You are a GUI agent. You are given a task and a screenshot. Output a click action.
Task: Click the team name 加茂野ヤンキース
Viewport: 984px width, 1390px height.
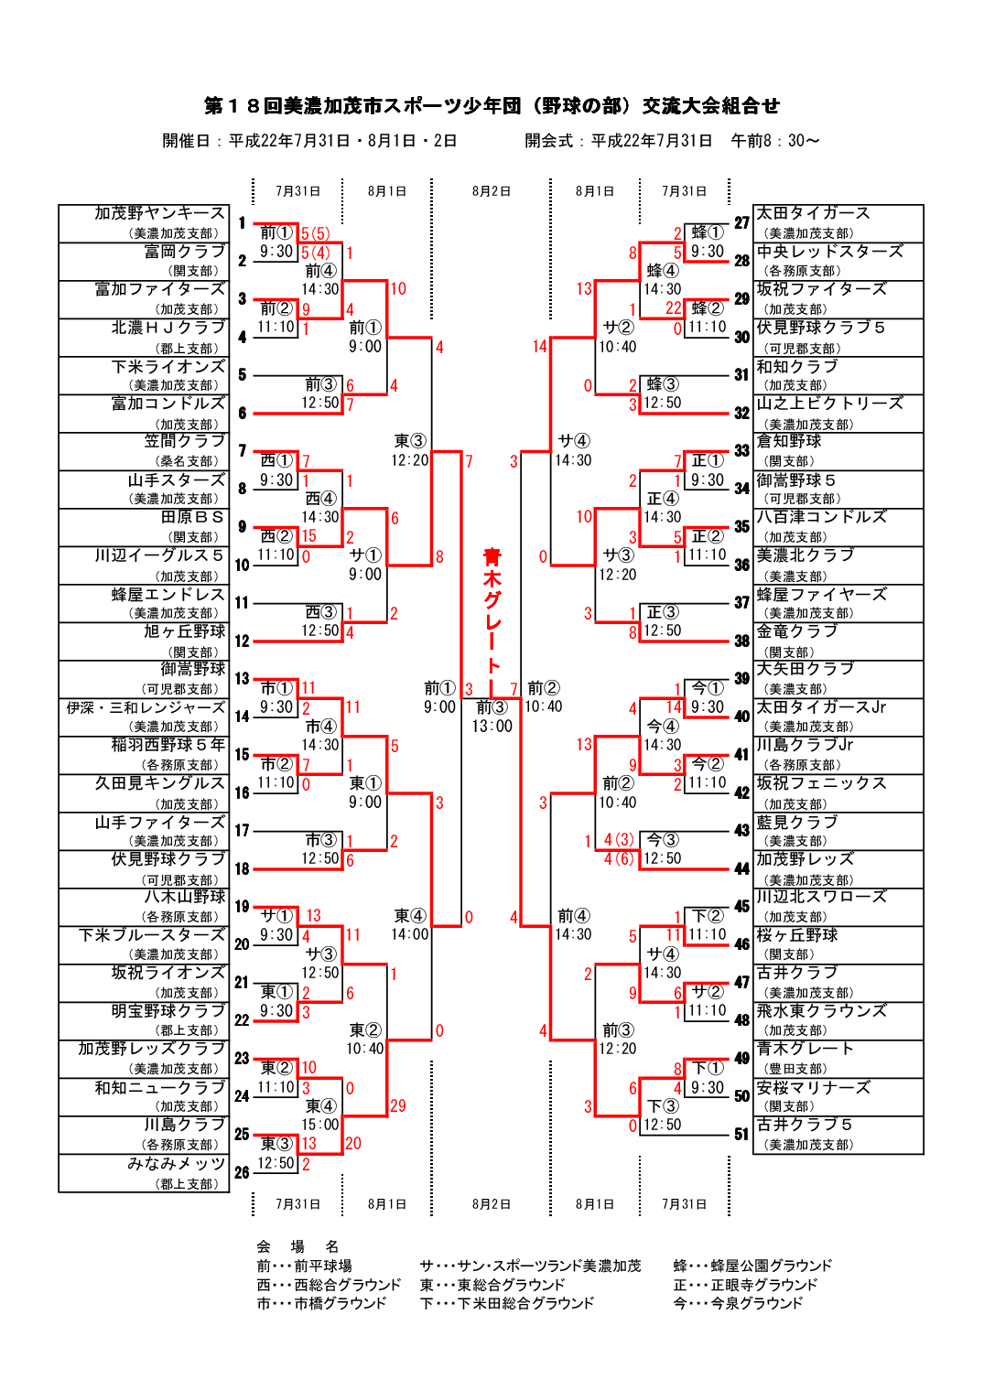pos(159,213)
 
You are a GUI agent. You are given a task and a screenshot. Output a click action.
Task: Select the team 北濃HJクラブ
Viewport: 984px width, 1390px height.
pos(168,328)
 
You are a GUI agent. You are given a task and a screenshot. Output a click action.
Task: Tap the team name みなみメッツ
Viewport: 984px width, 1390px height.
pos(177,1164)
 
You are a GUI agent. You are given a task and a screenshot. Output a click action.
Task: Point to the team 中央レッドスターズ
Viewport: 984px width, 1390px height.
pos(829,252)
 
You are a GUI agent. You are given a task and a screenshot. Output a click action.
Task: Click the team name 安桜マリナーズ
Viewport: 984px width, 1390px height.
pos(813,1088)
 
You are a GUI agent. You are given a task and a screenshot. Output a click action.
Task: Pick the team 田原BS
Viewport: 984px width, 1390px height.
pos(192,517)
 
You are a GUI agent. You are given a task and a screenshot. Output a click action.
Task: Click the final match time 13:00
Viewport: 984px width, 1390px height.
pos(492,727)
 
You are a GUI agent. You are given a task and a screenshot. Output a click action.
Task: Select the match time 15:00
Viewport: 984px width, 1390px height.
pos(320,1125)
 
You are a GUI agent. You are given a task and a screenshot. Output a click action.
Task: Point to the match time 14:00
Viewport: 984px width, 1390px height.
pos(409,934)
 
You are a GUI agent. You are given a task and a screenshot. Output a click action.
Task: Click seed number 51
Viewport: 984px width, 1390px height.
pos(741,1135)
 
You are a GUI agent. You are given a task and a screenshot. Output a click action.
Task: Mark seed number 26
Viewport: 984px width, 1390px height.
pos(242,1172)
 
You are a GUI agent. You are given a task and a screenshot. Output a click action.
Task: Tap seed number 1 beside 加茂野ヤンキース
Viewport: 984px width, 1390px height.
pos(242,222)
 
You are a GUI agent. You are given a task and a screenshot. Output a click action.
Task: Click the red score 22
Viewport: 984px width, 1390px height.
pos(674,308)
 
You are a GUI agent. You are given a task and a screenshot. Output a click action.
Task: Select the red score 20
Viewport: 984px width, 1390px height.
pos(353,1144)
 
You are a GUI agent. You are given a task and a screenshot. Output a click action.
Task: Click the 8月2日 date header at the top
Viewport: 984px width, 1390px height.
pos(492,191)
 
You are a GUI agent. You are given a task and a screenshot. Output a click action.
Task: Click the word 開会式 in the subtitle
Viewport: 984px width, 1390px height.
pos(548,141)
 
